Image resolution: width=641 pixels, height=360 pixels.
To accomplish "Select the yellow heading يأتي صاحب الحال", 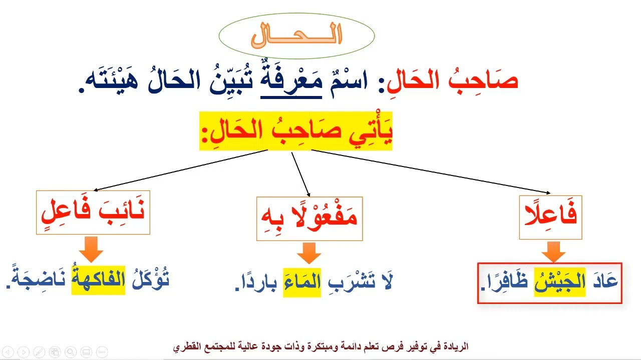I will [296, 131].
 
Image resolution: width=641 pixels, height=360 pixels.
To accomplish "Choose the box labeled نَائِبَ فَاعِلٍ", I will [93, 212].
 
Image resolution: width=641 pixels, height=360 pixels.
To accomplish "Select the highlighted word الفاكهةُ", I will [98, 281].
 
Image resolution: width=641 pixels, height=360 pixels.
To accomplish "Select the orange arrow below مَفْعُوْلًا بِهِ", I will [308, 252].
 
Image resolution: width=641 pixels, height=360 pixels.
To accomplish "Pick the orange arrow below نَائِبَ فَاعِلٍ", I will [91, 249].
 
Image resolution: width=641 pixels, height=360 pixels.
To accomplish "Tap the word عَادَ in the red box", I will [604, 282].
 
